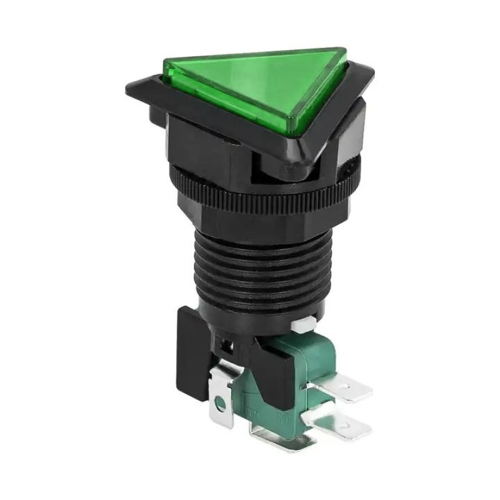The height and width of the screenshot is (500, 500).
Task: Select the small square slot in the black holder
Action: click(x=227, y=344)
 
